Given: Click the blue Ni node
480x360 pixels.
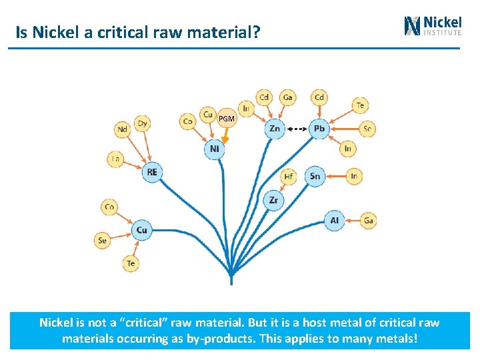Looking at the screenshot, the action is (214, 149).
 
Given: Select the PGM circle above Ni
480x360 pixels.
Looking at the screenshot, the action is (227, 119).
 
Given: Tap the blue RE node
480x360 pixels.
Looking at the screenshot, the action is (152, 172).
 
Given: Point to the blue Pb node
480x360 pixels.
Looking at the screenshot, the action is (319, 129).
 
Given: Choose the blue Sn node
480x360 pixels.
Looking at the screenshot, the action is (315, 177).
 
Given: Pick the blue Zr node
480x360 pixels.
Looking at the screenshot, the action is (273, 199).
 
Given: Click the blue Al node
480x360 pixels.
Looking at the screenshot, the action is (335, 220).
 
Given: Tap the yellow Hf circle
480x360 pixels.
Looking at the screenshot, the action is (288, 177).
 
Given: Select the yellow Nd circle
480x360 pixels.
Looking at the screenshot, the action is (122, 129).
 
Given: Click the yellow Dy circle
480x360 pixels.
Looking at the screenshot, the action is (142, 123).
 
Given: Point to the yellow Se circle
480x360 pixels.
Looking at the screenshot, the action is (103, 240).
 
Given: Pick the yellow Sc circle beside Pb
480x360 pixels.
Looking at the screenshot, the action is (367, 129).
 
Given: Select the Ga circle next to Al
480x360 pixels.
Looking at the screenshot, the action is (369, 220).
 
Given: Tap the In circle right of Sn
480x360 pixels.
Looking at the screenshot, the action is (354, 176).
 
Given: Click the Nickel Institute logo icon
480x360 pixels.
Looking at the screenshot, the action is (413, 25).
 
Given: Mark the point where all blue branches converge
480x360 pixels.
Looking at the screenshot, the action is (231, 274).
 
